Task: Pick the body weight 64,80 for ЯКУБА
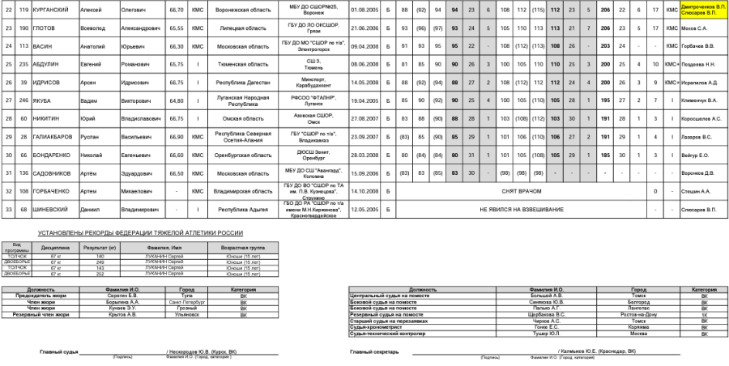(175, 100)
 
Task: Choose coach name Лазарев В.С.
(694, 136)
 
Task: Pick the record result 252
(100, 274)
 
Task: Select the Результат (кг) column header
(100, 249)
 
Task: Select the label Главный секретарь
(373, 351)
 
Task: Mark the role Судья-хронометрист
(380, 327)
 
